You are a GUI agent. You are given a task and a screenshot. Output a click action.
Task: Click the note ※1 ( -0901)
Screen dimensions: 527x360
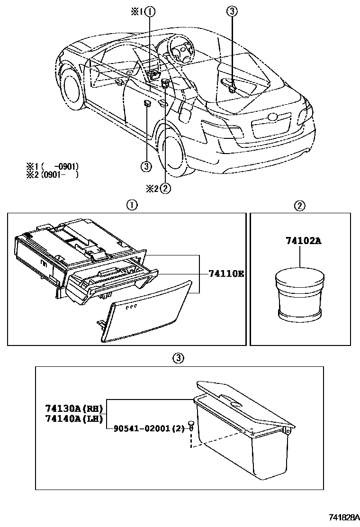[x=52, y=166]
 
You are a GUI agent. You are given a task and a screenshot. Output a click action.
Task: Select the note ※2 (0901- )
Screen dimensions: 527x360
[x=52, y=174]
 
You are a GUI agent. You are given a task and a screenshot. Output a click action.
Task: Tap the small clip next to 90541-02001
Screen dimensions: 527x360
[x=190, y=424]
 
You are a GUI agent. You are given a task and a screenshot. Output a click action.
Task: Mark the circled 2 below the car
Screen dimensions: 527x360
[x=165, y=188]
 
